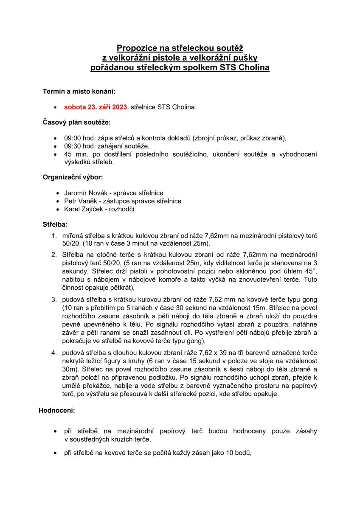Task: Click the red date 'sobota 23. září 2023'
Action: point(96,107)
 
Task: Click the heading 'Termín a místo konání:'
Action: point(79,91)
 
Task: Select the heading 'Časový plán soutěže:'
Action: point(76,123)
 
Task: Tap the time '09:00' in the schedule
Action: point(72,139)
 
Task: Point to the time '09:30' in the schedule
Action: point(72,146)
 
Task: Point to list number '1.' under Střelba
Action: point(54,235)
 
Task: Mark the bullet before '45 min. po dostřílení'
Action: point(56,154)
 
